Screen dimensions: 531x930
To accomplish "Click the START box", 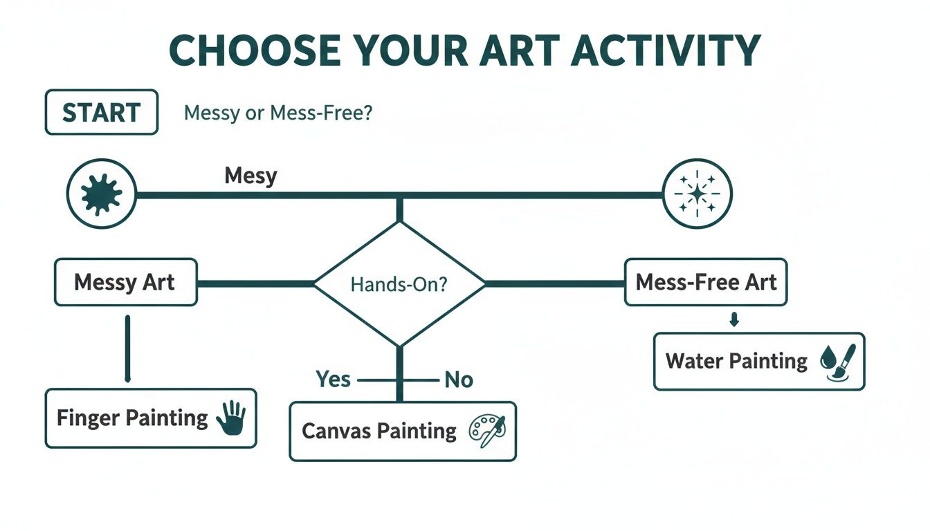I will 101,112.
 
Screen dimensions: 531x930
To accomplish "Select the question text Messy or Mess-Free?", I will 278,113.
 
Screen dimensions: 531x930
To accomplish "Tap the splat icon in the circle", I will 101,194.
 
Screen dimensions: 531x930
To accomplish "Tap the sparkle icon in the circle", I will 697,194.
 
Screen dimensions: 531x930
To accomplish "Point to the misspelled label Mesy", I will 250,176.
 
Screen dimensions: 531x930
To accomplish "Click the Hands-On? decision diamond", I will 399,283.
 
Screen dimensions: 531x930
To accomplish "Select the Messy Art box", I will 125,282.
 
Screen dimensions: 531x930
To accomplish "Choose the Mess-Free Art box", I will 705,282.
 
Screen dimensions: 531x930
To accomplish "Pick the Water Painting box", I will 758,361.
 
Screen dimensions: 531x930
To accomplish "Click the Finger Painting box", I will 150,418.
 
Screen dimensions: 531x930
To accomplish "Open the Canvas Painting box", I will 402,431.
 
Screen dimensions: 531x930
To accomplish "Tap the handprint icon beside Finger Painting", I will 231,418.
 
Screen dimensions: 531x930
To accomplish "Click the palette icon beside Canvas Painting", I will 487,430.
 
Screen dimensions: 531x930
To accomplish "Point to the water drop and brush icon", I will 838,362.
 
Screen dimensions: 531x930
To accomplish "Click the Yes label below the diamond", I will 333,379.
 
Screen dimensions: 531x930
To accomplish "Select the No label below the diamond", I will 458,380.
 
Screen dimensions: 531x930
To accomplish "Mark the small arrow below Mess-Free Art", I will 735,319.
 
